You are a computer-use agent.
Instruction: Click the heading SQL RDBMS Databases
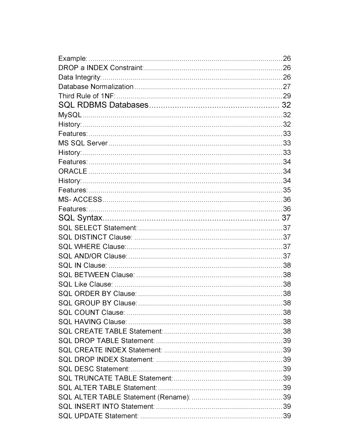[103, 105]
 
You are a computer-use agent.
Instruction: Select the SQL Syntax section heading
[80, 218]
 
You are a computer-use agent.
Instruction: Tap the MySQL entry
[70, 115]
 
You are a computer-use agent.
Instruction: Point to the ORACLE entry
[73, 171]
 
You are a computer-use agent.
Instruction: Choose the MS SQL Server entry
[83, 143]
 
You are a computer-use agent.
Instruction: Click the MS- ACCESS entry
[80, 200]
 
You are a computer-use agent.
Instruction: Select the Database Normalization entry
[96, 87]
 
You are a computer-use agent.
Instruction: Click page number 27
[287, 87]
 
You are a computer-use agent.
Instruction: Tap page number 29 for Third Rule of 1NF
[287, 96]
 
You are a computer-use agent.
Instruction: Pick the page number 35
[287, 190]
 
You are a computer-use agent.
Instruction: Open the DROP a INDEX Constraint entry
[101, 68]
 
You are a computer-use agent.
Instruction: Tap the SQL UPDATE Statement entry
[98, 416]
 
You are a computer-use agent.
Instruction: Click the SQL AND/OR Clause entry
[93, 256]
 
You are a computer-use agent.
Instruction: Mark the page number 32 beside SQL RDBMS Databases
[286, 105]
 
